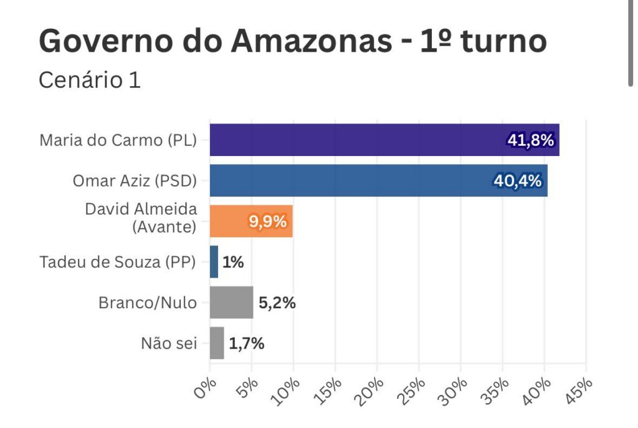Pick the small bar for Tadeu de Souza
(214, 262)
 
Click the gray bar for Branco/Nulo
(231, 303)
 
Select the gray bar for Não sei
(217, 343)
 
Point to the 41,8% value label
(530, 140)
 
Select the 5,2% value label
(277, 303)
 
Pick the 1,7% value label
(247, 344)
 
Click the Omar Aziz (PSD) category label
(135, 182)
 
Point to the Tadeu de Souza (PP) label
(118, 263)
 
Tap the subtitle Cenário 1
(90, 80)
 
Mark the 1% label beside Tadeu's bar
(232, 263)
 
